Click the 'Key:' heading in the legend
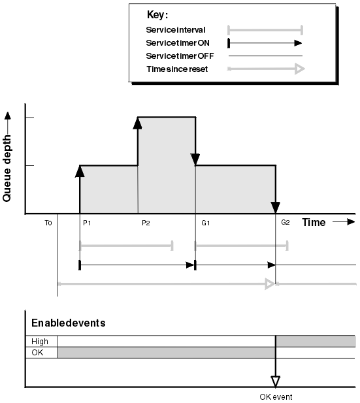click(157, 15)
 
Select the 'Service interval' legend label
click(176, 30)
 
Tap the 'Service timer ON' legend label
click(178, 43)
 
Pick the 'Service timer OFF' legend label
click(180, 56)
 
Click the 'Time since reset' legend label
click(177, 69)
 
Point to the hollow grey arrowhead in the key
click(300, 69)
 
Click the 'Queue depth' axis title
click(7, 169)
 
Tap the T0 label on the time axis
click(48, 223)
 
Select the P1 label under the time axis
click(87, 223)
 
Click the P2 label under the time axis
click(146, 223)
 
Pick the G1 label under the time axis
click(206, 223)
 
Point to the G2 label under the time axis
click(286, 222)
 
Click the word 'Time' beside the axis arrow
click(314, 222)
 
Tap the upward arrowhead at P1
click(80, 171)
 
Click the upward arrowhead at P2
click(138, 123)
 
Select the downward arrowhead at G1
click(195, 159)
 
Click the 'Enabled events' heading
click(69, 323)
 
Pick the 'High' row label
click(40, 342)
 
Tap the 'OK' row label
click(37, 353)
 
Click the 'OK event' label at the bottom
click(276, 397)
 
